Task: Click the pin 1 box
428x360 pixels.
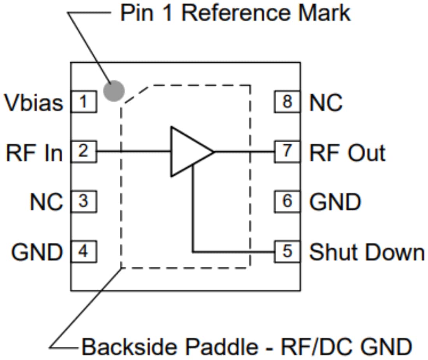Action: pos(83,102)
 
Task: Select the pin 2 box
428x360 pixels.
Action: pos(83,151)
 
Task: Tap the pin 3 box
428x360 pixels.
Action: pos(83,201)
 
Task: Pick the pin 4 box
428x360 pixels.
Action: pos(83,252)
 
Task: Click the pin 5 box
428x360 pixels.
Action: pos(287,252)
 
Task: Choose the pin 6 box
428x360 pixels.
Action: pos(287,201)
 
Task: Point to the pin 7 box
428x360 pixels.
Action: pos(287,151)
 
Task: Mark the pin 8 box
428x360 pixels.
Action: pos(287,102)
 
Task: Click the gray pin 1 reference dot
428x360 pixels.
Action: pos(114,91)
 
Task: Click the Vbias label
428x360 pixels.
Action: pos(33,103)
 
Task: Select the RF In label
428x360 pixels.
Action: pos(34,152)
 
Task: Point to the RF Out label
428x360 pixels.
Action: pos(347,152)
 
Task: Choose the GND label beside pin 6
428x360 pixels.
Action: pos(335,202)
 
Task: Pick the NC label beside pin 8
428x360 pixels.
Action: pos(326,103)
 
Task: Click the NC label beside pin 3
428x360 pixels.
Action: pos(46,202)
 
